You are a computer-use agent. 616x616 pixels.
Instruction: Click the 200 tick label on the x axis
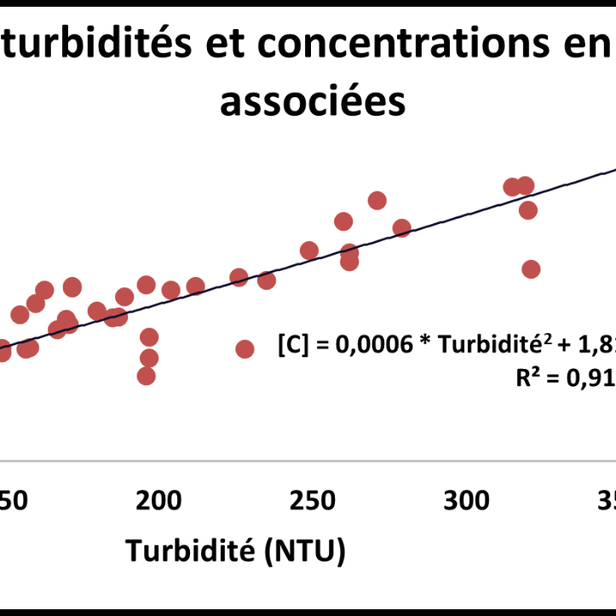pyautogui.click(x=159, y=500)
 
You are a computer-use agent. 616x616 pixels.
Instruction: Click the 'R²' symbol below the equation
pyautogui.click(x=532, y=378)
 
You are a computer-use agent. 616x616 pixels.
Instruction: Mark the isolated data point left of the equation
pyautogui.click(x=245, y=348)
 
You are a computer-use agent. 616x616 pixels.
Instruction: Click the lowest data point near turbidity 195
pyautogui.click(x=147, y=376)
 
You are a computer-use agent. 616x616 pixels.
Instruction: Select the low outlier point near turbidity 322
pyautogui.click(x=531, y=269)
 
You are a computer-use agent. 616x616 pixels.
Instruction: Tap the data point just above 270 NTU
pyautogui.click(x=377, y=200)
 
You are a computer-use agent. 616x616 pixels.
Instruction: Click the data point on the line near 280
pyautogui.click(x=402, y=227)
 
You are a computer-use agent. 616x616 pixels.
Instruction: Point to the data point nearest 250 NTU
pyautogui.click(x=309, y=250)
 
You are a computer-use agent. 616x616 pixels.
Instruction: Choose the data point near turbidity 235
pyautogui.click(x=267, y=280)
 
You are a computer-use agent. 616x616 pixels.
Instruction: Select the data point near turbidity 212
pyautogui.click(x=196, y=286)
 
